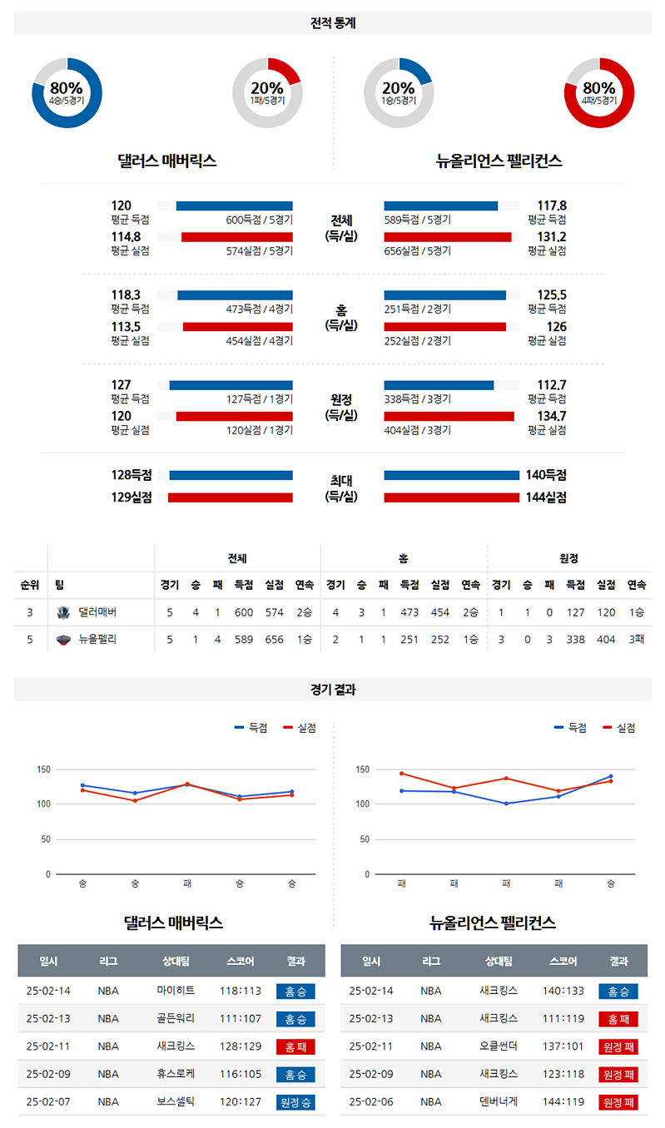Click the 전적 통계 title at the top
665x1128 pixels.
click(333, 23)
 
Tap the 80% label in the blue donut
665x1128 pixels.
click(66, 88)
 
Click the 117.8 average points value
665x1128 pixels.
click(552, 205)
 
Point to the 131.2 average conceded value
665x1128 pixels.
click(552, 237)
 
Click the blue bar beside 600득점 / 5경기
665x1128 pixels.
click(234, 206)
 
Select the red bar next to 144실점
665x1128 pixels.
click(451, 497)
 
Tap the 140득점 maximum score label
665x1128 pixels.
click(546, 475)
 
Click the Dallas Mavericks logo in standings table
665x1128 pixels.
click(63, 612)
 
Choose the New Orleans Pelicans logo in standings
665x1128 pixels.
click(63, 640)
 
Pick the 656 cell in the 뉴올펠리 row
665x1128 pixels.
click(274, 640)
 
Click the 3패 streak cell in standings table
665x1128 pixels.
click(636, 640)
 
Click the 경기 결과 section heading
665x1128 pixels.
click(333, 690)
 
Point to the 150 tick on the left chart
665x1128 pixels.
click(44, 769)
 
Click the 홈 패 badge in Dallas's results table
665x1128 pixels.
click(295, 1047)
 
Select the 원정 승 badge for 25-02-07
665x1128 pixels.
click(295, 1102)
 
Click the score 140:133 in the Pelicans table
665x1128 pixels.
click(563, 991)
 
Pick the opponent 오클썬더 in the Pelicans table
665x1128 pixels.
click(499, 1046)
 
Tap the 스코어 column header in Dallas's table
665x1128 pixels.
click(241, 961)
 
